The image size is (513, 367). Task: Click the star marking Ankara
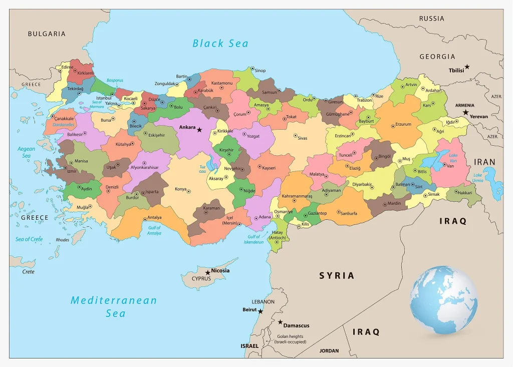(x=199, y=130)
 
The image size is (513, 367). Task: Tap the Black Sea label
(x=220, y=44)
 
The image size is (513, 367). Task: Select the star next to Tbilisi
(x=467, y=67)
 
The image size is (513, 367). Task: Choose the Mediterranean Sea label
(x=114, y=306)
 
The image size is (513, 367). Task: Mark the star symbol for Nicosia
(x=207, y=273)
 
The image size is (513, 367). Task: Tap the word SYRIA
(x=337, y=275)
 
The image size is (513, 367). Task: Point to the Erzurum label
(x=403, y=124)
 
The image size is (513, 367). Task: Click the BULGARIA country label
(x=47, y=34)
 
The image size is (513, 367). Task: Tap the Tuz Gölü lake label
(x=202, y=169)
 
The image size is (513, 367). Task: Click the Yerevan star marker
(x=466, y=112)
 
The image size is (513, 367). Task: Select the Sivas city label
(x=302, y=137)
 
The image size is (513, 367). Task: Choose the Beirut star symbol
(x=261, y=310)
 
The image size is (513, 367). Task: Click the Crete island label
(x=29, y=271)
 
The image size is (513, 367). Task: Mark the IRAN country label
(x=484, y=162)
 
